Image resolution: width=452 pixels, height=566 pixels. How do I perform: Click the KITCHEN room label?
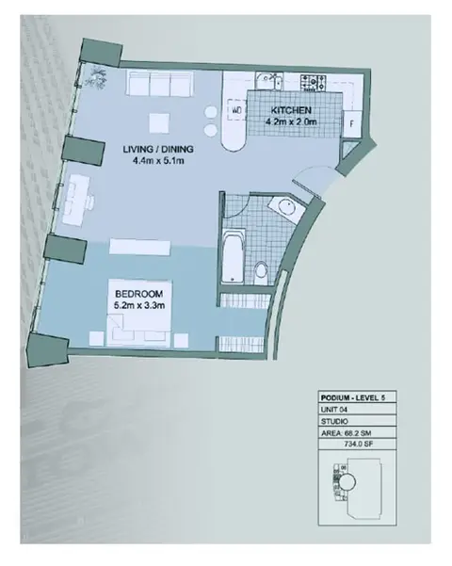(291, 110)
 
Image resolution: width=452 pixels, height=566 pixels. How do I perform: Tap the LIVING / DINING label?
(158, 149)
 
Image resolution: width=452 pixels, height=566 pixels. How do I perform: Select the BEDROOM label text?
(139, 294)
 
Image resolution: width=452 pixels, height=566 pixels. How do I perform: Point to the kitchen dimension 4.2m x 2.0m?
(291, 121)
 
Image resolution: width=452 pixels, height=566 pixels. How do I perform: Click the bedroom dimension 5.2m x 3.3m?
(139, 305)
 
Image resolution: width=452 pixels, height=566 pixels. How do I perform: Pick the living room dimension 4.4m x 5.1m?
(158, 160)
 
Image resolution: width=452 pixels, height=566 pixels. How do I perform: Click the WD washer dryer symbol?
(236, 110)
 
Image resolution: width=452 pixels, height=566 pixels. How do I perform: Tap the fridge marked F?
(351, 123)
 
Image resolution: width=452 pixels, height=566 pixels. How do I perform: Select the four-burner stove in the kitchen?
(314, 82)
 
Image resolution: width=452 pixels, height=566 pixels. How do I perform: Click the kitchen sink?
(269, 80)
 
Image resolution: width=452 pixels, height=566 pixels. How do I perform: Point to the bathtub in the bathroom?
(234, 257)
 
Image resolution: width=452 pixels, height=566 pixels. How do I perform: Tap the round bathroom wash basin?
(286, 207)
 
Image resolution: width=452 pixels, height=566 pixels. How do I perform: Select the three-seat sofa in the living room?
(159, 84)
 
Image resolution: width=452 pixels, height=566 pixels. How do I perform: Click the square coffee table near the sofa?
(159, 123)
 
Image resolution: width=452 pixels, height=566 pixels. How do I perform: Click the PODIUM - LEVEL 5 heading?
(353, 398)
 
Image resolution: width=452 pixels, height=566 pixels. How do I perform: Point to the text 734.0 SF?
(358, 444)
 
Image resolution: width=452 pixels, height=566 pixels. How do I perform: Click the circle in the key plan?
(347, 482)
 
